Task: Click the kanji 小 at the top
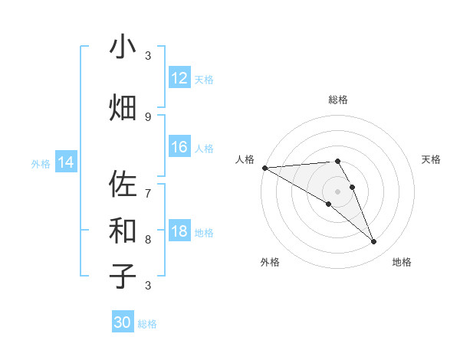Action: coord(123,47)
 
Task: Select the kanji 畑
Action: coord(123,108)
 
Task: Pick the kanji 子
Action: coord(123,276)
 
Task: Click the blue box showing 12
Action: coord(179,78)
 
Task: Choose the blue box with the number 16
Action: coord(179,147)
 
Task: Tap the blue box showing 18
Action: coord(179,232)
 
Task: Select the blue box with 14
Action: coord(65,162)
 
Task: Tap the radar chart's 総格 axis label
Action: coord(337,100)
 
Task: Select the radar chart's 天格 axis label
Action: coord(432,159)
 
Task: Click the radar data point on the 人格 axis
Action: coord(264,168)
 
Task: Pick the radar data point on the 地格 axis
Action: coord(374,242)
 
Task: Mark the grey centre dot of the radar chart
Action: coord(337,191)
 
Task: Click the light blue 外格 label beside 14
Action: coord(41,163)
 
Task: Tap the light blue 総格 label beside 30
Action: coord(147,324)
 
